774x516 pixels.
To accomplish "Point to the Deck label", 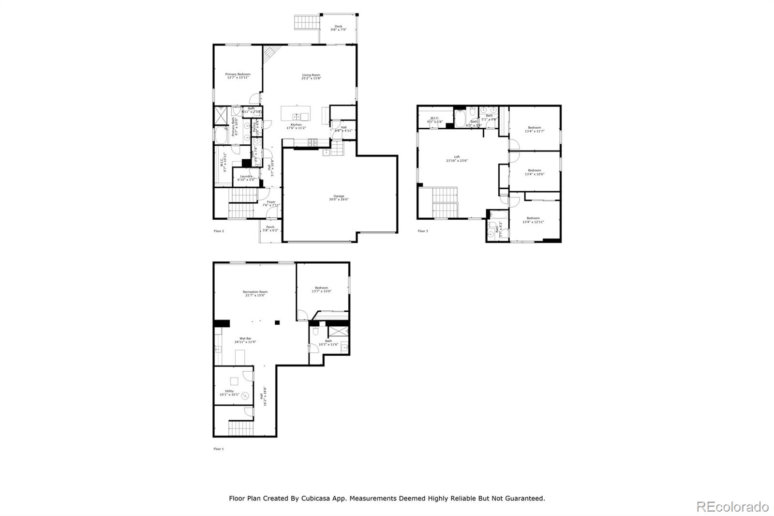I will (x=338, y=27).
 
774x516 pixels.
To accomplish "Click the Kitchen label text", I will (x=296, y=125).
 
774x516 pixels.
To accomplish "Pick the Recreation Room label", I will (x=255, y=292).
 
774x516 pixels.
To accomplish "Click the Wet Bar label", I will (x=245, y=338).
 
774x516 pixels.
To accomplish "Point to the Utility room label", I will (x=229, y=391).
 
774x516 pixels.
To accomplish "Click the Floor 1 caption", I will (x=219, y=449).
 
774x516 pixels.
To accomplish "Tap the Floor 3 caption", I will (x=423, y=231).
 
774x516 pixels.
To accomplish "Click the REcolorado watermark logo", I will (x=732, y=507).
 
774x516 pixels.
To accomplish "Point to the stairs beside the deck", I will (x=307, y=22).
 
